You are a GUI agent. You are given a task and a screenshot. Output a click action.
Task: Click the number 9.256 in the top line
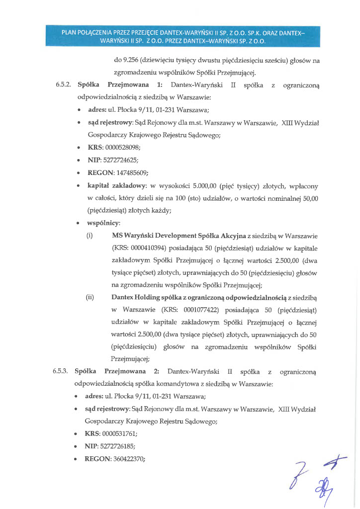tap(124, 61)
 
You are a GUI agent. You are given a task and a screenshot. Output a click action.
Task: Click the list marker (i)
tap(90, 235)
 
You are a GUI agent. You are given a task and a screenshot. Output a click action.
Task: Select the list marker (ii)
tap(90, 297)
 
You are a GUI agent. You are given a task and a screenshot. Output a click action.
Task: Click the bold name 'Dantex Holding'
tap(134, 297)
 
